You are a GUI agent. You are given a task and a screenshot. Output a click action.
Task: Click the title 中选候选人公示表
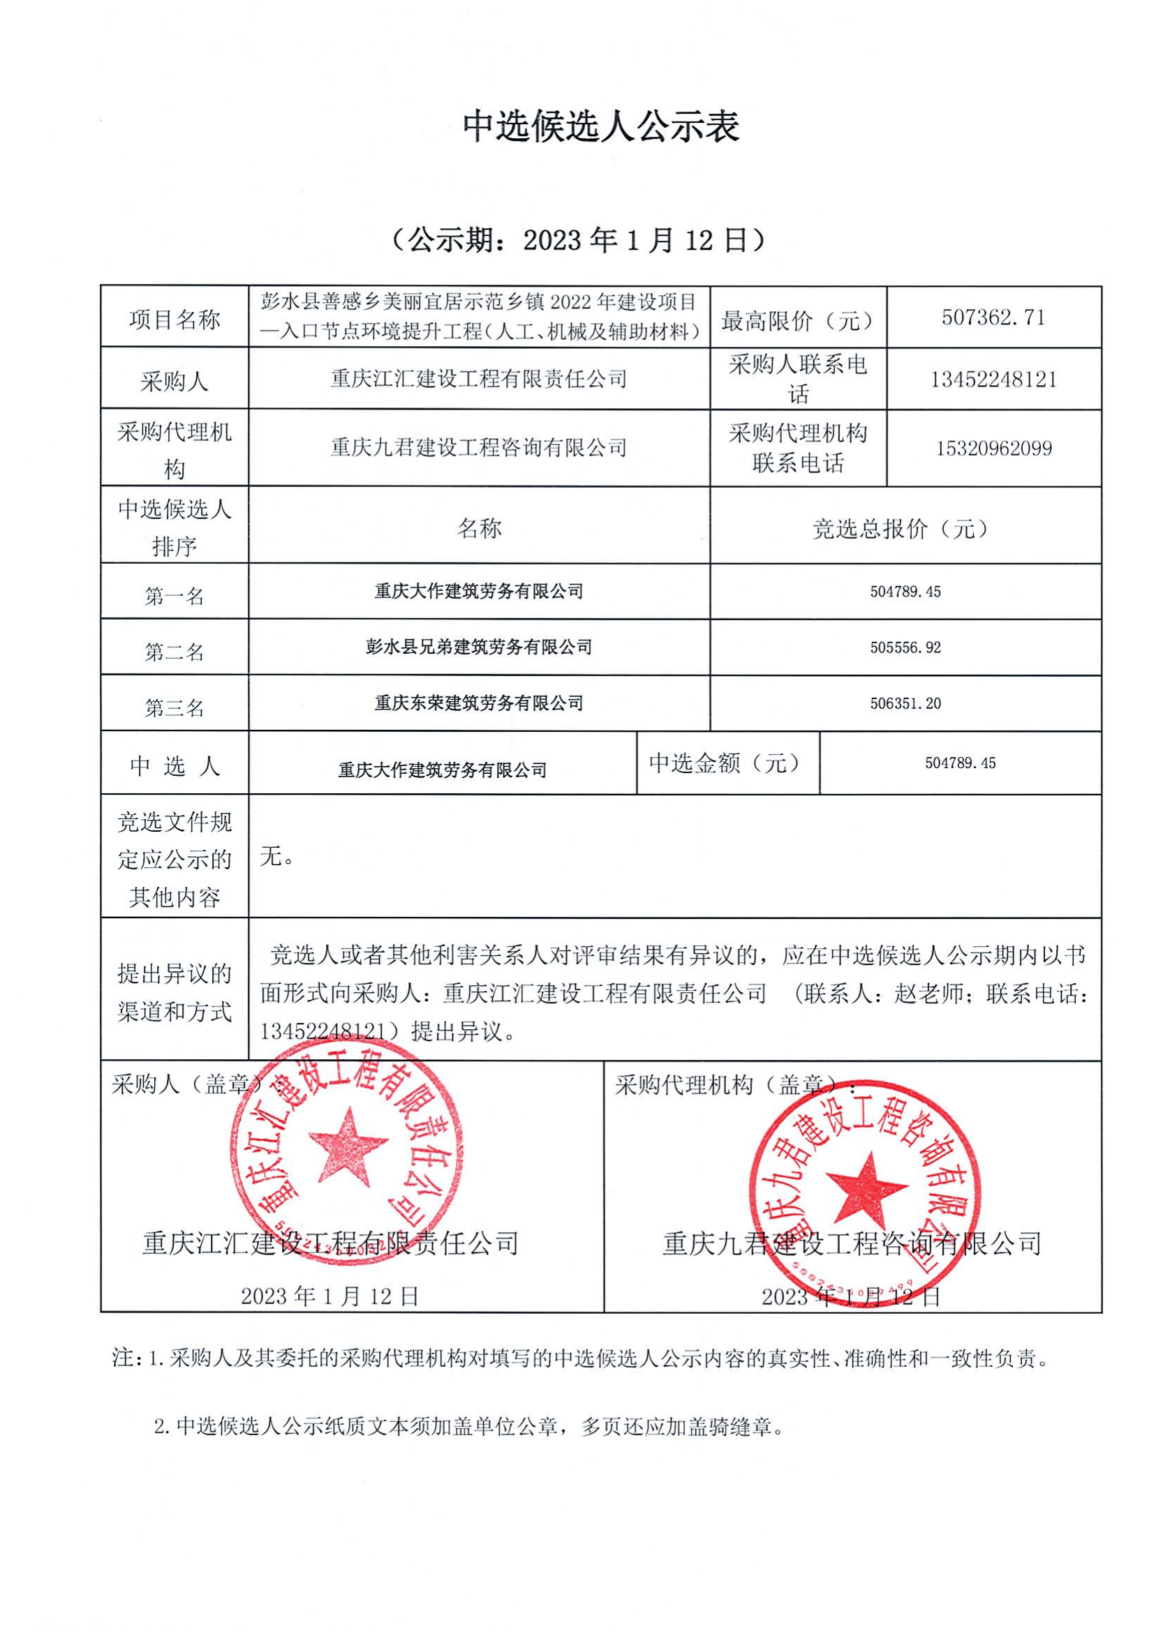(601, 126)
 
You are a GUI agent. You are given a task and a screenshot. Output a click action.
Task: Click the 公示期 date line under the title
(578, 241)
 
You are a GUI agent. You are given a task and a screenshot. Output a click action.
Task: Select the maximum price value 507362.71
(993, 317)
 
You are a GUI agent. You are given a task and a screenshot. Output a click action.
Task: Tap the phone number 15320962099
(993, 449)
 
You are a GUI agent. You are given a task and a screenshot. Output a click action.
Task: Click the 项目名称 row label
(175, 319)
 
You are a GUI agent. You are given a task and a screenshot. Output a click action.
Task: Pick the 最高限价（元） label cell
(797, 320)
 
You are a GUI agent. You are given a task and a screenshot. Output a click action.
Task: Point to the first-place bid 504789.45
(905, 592)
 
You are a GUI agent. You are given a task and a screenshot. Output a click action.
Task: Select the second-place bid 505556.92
(905, 647)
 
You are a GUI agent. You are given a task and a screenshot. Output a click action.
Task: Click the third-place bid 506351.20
(905, 704)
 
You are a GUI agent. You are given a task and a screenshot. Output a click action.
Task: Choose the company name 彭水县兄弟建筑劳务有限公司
(478, 647)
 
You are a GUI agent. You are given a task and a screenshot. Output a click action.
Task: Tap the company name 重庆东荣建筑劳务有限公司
(478, 703)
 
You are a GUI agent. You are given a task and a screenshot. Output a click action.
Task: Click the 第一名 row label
(175, 596)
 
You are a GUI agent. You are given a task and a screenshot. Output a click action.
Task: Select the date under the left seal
(330, 1296)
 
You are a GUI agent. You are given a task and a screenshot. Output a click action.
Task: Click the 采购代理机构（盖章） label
(732, 1085)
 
